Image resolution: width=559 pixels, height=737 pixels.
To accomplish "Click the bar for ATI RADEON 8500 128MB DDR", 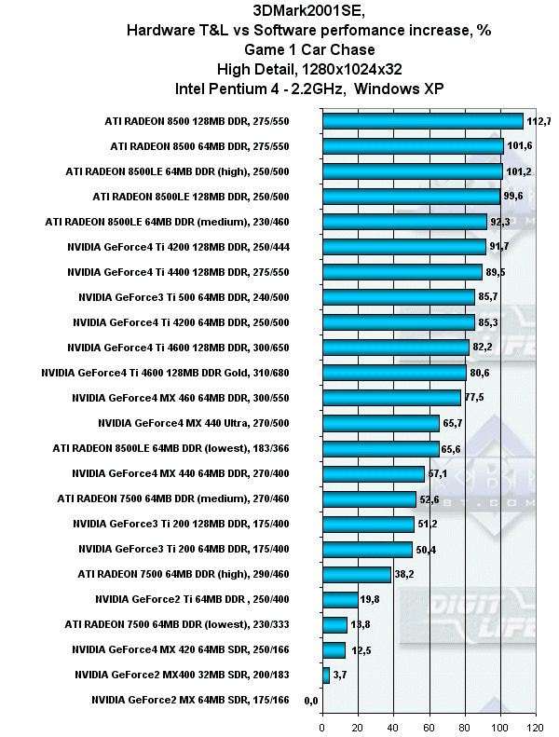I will tap(422, 121).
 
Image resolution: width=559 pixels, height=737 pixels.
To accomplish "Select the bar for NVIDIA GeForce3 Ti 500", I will tap(398, 297).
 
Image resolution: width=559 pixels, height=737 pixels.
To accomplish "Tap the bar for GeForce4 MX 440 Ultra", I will tap(380, 423).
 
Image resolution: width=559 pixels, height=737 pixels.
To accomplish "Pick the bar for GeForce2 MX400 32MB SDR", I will tap(325, 675).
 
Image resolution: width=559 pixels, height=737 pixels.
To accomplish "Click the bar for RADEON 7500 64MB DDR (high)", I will tap(356, 574).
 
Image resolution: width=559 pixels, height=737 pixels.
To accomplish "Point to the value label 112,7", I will tap(539, 121).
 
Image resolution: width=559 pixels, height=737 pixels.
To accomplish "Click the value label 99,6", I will tap(516, 197).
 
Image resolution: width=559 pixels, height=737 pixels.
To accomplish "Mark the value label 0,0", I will tap(311, 700).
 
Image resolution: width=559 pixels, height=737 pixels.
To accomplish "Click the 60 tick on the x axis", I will tap(429, 727).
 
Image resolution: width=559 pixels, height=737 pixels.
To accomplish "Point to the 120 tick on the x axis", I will tap(535, 727).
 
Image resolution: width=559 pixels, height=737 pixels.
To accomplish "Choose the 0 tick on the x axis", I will tap(322, 727).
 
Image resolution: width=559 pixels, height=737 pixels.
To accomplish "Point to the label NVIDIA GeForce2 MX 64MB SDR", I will tap(191, 700).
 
